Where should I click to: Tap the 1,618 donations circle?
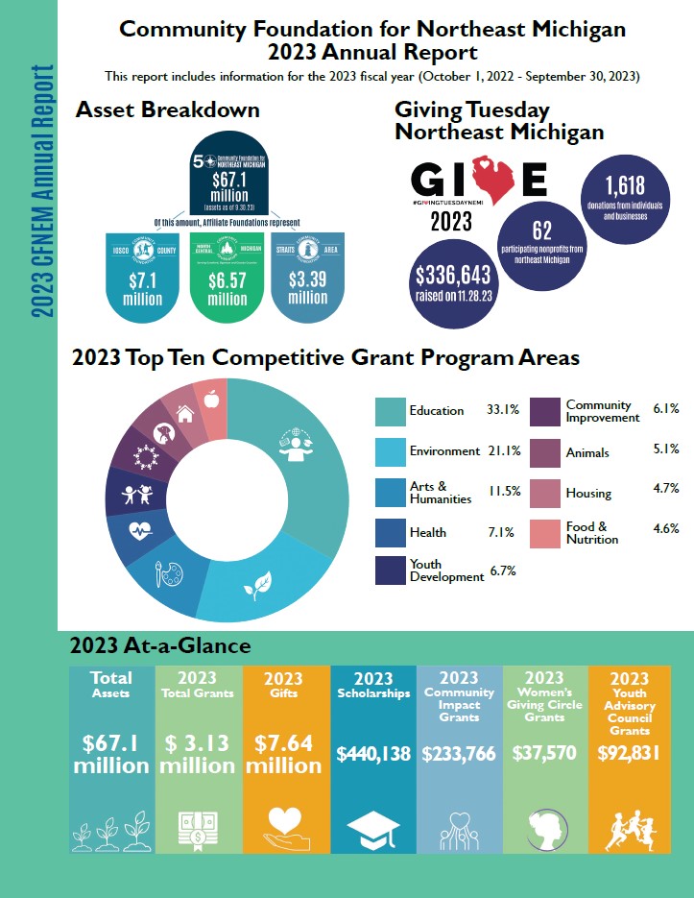point(623,196)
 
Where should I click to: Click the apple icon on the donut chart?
point(210,400)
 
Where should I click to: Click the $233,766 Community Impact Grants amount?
point(459,753)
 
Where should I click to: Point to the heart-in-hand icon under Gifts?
point(285,825)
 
